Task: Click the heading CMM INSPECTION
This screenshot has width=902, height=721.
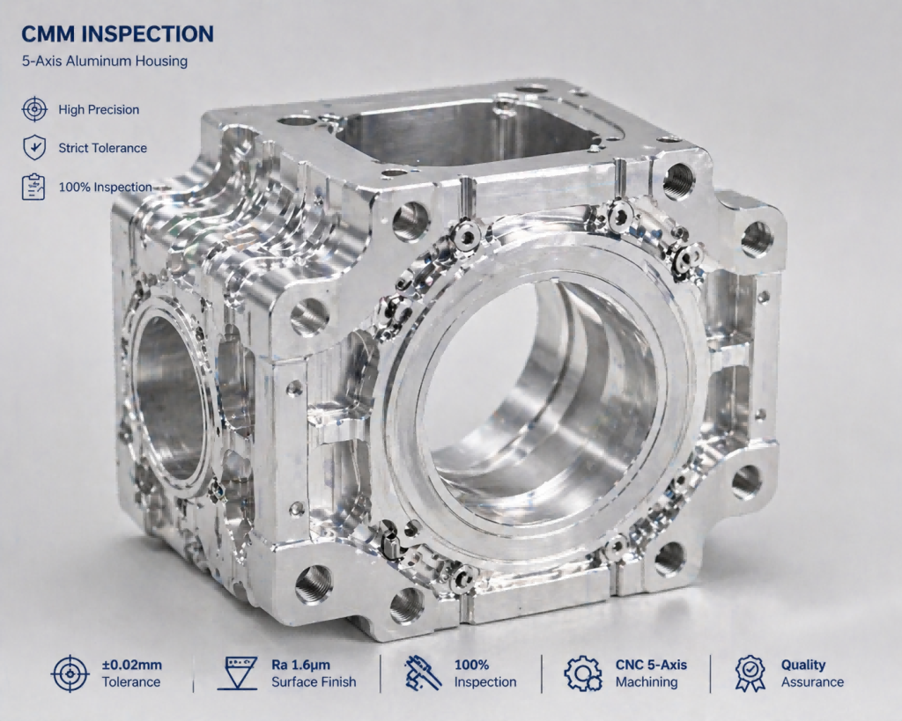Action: point(116,34)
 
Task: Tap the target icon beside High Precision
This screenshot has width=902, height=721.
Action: point(33,110)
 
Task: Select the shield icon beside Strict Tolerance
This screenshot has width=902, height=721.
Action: point(33,148)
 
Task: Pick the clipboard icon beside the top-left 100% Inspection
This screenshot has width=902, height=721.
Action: point(33,187)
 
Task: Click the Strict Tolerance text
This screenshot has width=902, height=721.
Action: point(102,148)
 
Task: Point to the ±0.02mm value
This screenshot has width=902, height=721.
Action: point(131,666)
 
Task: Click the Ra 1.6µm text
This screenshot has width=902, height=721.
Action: point(300,666)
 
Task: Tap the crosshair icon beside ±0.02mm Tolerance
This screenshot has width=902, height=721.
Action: point(70,673)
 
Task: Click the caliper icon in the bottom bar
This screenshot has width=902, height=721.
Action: point(423,673)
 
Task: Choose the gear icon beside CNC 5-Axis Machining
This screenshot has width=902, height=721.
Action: point(583,673)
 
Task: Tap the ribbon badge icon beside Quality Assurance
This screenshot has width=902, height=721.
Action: point(750,673)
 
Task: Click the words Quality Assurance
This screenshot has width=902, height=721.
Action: point(811,673)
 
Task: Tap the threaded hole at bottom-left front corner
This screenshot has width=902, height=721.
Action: point(314,583)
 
